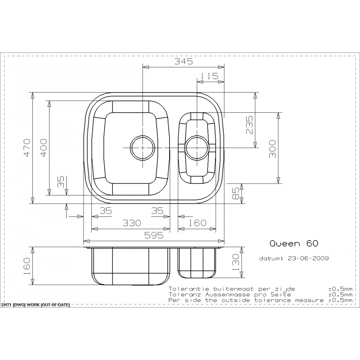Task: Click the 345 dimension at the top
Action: (184, 61)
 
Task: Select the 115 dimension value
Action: (209, 76)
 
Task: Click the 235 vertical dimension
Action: (249, 125)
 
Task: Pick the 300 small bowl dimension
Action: (272, 149)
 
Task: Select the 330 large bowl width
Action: (131, 223)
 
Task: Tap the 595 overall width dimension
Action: (154, 235)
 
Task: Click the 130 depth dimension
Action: (236, 262)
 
